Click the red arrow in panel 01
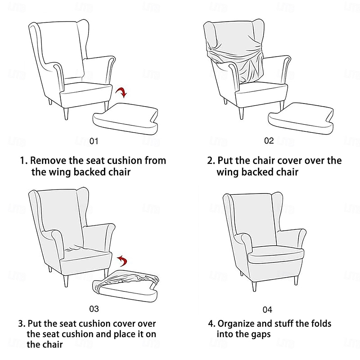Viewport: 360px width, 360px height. pyautogui.click(x=121, y=92)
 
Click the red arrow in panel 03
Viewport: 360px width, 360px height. pyautogui.click(x=121, y=261)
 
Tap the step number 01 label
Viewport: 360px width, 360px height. pyautogui.click(x=94, y=141)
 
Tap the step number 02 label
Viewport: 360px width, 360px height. pyautogui.click(x=269, y=140)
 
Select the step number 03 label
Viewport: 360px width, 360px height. pyautogui.click(x=94, y=309)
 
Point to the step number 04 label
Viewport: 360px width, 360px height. pyautogui.click(x=267, y=310)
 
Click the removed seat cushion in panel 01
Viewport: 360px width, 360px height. pyautogui.click(x=126, y=117)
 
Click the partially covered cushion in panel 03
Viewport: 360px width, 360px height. pyautogui.click(x=126, y=286)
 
